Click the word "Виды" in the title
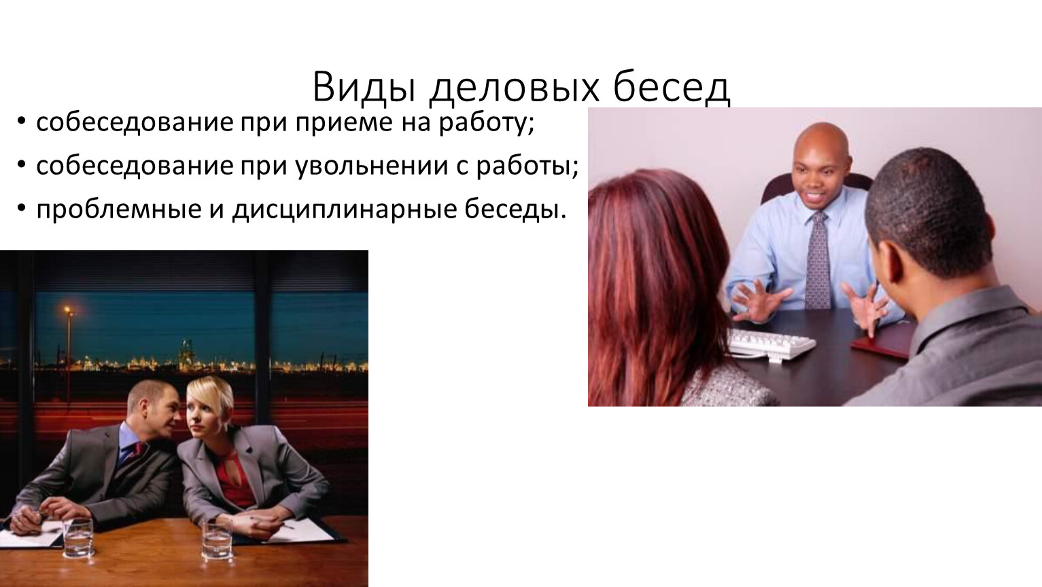364,87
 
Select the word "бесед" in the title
672,86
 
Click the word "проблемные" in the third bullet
119,210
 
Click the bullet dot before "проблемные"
21,209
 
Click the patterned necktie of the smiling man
817,260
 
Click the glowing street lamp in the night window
67,310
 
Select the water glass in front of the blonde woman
217,540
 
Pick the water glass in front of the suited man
77,538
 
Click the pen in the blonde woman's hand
271,523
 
